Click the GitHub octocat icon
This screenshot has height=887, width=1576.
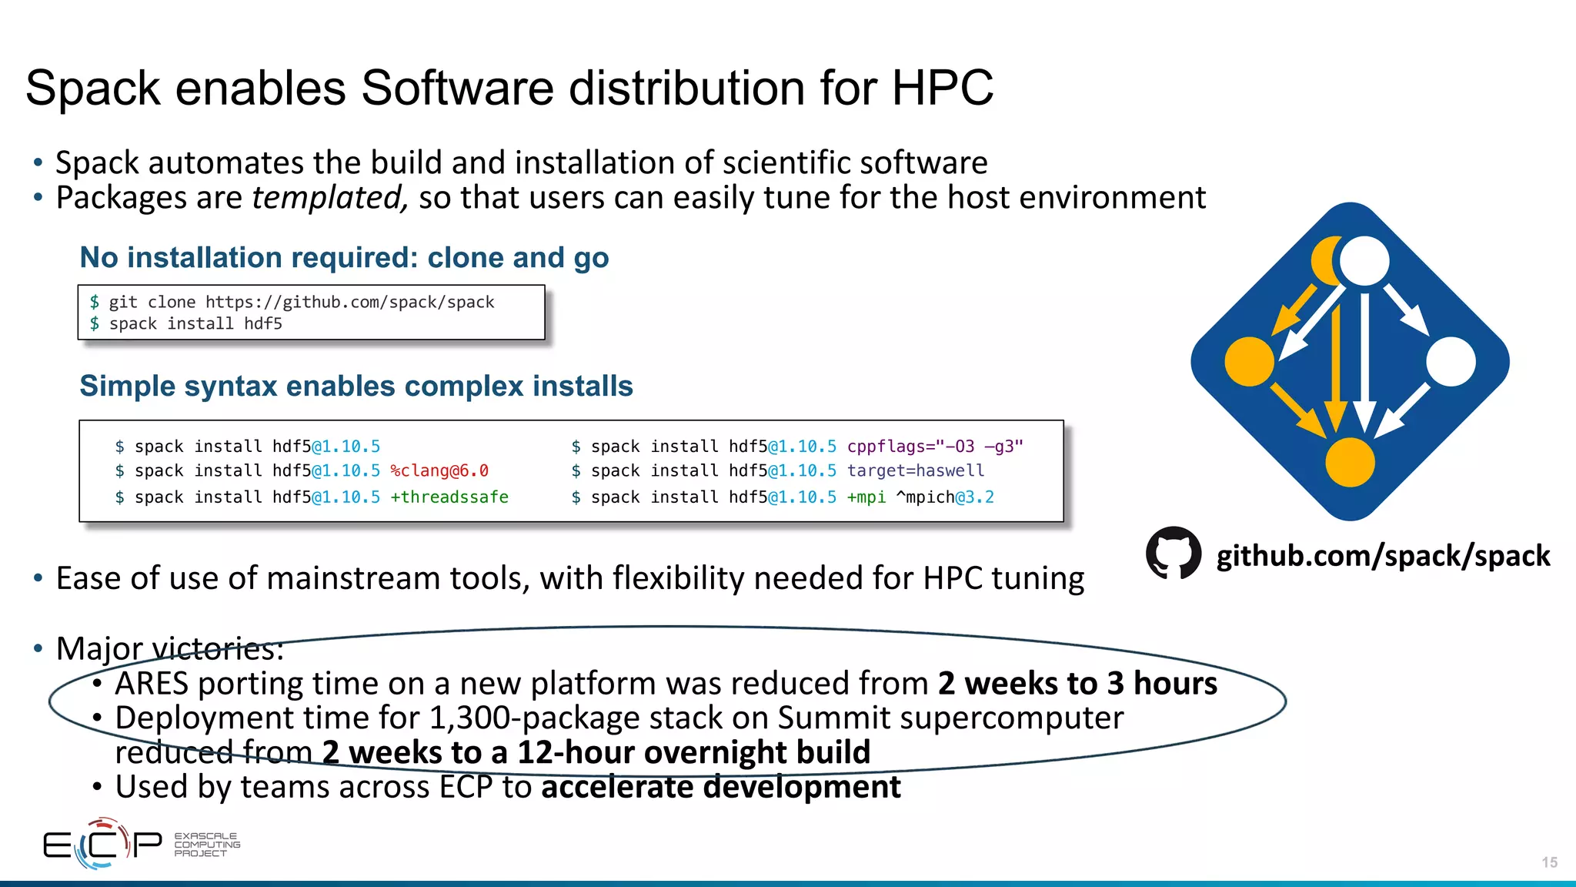[1173, 553]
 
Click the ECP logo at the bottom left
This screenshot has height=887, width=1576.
[102, 844]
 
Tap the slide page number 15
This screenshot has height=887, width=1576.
[1549, 862]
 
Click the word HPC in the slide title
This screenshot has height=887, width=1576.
[942, 88]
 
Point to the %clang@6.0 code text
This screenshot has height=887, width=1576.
[439, 470]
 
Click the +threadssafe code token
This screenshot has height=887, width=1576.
[449, 497]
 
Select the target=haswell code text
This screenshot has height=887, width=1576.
[916, 470]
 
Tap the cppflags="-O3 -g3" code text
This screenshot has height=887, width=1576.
[935, 447]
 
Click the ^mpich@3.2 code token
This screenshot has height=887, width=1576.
[945, 497]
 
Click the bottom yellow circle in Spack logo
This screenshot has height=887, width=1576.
[1350, 462]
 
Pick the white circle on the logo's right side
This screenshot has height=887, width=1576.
[1451, 361]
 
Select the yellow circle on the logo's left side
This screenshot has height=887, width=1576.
[1249, 361]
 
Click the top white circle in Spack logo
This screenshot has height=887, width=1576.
[1364, 260]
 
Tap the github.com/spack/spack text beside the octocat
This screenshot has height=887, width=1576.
[1383, 556]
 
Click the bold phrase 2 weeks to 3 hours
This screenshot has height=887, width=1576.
[1077, 684]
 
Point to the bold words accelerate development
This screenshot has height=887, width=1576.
[721, 787]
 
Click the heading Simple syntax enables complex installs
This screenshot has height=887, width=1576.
[356, 386]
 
